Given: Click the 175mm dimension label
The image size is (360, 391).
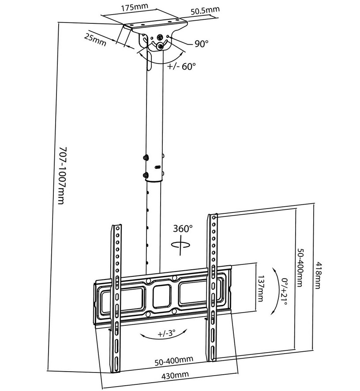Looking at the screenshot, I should (x=134, y=8).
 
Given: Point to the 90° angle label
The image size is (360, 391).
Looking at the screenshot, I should (x=201, y=44).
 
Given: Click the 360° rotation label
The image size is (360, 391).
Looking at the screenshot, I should (x=183, y=229).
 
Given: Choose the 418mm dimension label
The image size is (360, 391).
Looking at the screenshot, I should (x=319, y=275).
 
